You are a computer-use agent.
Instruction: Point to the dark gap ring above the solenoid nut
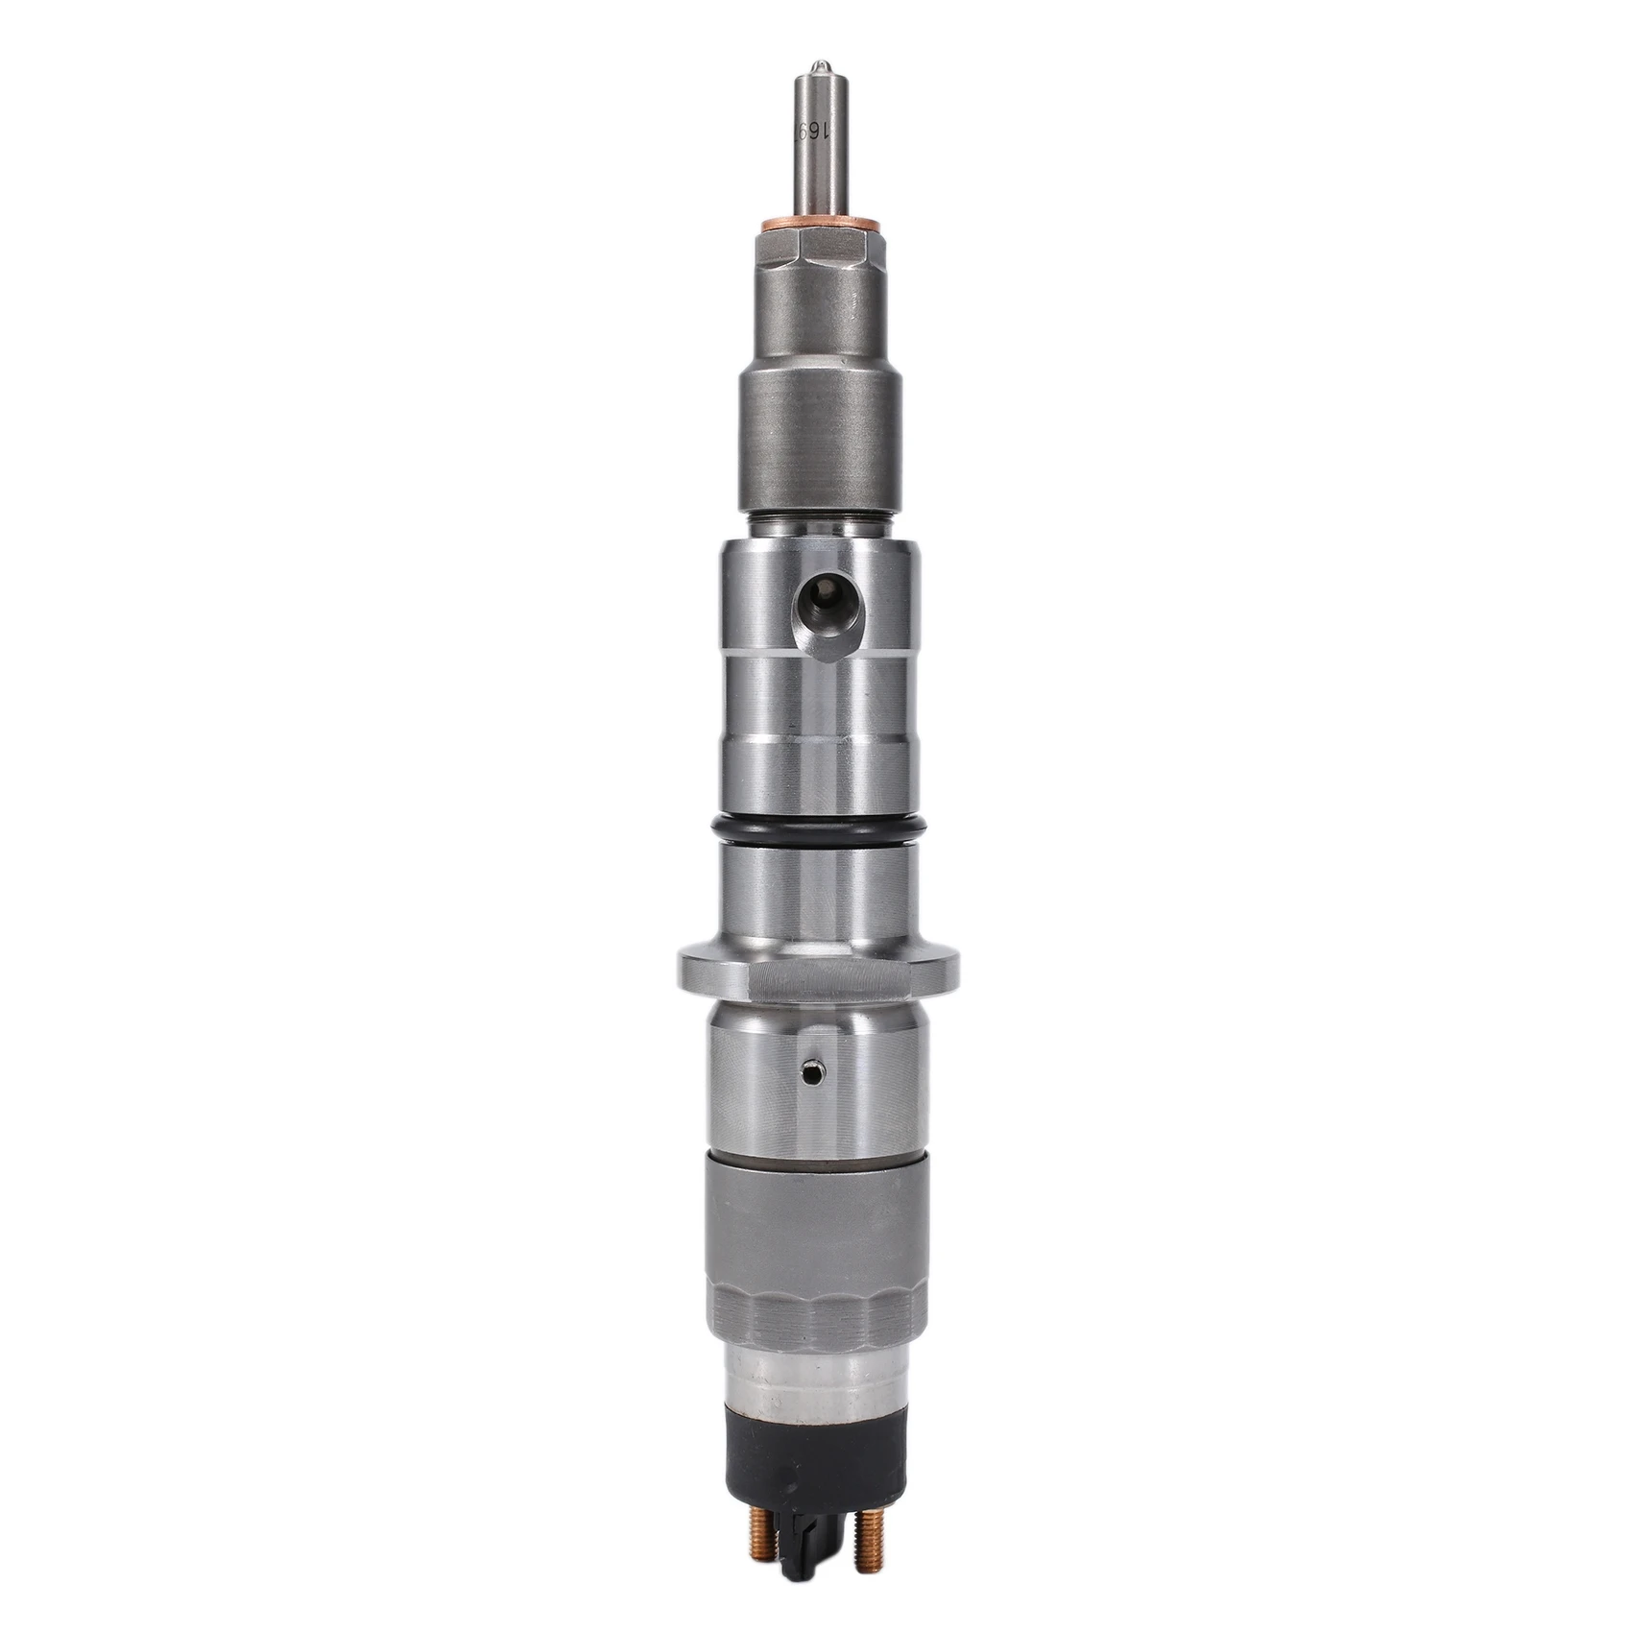(x=815, y=1155)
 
